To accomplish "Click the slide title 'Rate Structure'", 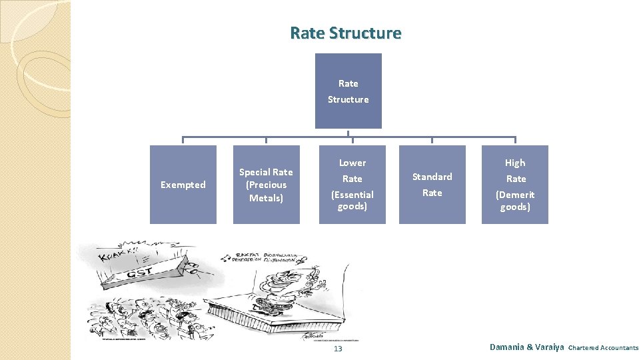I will pos(346,33).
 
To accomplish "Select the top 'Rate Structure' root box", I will pos(348,91).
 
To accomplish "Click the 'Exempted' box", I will pos(183,185).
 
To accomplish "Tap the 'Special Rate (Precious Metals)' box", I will pos(266,185).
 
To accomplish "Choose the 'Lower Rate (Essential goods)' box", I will pos(352,185).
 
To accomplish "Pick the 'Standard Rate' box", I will pos(432,185).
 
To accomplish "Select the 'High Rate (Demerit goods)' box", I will pos(515,185).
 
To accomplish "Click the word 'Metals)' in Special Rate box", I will pos(266,198).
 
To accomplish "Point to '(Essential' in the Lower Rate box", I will pos(352,195).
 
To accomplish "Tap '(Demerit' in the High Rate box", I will pos(515,195).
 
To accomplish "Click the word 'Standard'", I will pos(432,177).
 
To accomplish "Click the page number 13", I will pos(338,349).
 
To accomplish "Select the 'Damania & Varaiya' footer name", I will pos(526,347).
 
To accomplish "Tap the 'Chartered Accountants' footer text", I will pos(603,347).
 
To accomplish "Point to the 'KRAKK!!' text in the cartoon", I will pos(117,253).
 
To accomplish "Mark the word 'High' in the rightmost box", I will pos(515,163).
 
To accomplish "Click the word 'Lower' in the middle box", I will pos(352,163).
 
